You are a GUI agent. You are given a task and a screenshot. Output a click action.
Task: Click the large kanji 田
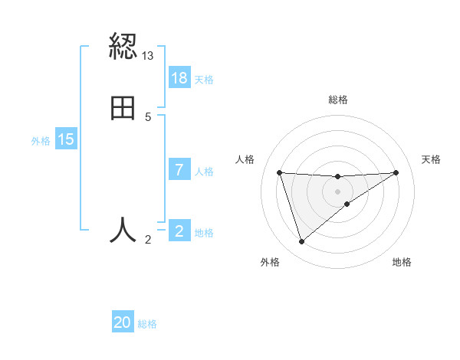[x=123, y=109]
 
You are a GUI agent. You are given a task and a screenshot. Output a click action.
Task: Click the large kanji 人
[x=123, y=230]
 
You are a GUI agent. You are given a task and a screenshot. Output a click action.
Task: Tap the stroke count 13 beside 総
[x=148, y=56]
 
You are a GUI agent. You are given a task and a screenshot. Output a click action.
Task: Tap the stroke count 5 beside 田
[x=148, y=117]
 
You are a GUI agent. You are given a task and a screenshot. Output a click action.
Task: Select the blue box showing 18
[x=179, y=78]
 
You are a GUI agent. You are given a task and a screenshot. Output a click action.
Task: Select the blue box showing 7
[x=179, y=170]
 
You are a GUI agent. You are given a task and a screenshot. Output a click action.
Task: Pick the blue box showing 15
[x=66, y=139]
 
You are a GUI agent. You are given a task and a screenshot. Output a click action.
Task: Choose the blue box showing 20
[x=123, y=323]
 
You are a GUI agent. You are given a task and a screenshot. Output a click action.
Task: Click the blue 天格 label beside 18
[x=204, y=79]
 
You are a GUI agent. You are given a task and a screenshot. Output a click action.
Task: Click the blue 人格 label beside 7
[x=205, y=171]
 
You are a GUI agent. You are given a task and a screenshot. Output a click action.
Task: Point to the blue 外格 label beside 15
[x=41, y=140]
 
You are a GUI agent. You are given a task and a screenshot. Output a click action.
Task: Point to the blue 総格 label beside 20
[x=147, y=324]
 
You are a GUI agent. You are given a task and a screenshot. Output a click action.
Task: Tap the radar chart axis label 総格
[x=338, y=100]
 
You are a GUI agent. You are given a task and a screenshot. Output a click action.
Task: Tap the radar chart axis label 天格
[x=431, y=159]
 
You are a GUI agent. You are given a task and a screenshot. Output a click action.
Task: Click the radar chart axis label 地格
[x=402, y=263]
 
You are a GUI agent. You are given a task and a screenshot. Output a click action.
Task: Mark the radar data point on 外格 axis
[x=301, y=242]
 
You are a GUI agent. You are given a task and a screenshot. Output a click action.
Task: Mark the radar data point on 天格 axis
[x=396, y=172]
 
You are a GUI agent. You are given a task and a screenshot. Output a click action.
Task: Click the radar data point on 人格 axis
[x=280, y=172]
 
